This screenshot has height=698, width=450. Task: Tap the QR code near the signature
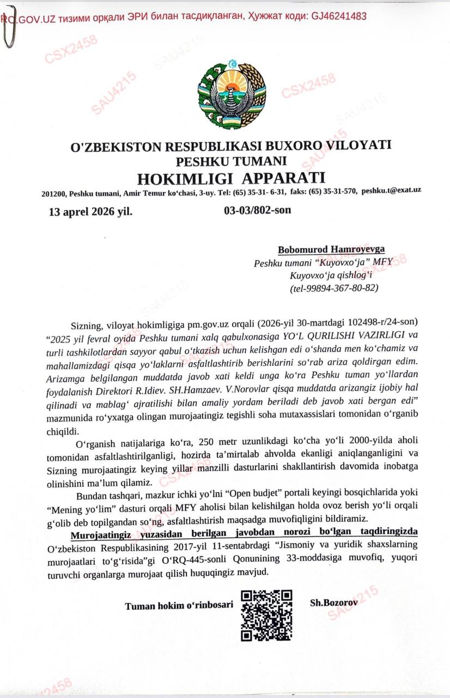pos(266,615)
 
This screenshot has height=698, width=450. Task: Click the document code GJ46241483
pos(339,16)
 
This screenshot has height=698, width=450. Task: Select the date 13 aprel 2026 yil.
pos(90,212)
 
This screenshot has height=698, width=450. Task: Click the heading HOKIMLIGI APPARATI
pos(231,178)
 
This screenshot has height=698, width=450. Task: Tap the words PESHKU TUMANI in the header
pos(231,161)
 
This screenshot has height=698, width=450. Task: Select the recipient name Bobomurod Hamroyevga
pos(331,249)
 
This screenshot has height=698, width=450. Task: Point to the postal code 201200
pos(53,194)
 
